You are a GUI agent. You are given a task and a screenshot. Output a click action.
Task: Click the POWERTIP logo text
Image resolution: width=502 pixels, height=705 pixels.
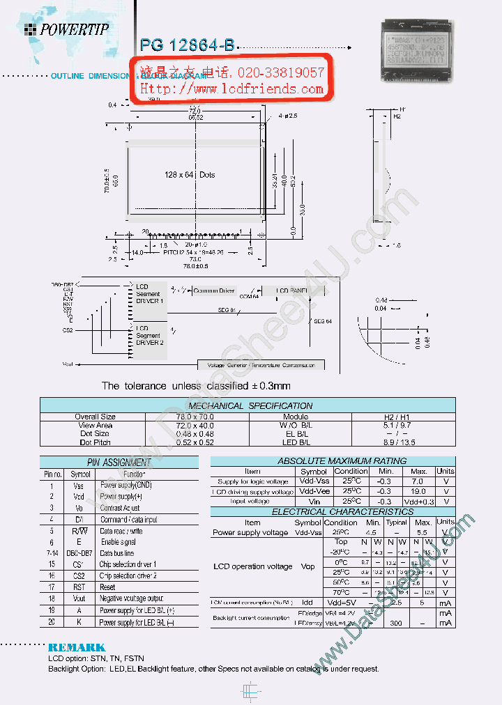[74, 29]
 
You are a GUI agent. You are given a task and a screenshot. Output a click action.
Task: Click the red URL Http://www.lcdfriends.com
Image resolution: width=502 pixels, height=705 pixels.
[232, 89]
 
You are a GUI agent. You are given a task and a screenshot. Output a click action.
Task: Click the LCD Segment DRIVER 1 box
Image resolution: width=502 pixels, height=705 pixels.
[149, 294]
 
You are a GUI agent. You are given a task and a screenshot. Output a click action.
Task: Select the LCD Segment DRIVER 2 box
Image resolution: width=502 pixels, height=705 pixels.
[149, 335]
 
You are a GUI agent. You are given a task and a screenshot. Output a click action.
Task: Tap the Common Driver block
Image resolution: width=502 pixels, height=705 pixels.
[213, 290]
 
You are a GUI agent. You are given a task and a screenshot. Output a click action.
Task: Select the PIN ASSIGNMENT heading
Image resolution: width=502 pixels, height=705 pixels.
[119, 462]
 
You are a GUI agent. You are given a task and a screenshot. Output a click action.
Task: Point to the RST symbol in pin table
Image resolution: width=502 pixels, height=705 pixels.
[78, 587]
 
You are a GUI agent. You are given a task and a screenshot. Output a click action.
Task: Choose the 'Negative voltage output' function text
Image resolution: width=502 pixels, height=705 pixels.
[131, 598]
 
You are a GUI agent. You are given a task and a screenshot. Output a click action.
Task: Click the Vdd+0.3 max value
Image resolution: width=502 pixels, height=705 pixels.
[418, 502]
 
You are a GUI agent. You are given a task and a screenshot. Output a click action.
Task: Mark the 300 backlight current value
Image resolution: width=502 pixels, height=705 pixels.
[396, 623]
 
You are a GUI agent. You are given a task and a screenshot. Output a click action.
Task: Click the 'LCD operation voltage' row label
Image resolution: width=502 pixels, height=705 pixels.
[252, 566]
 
